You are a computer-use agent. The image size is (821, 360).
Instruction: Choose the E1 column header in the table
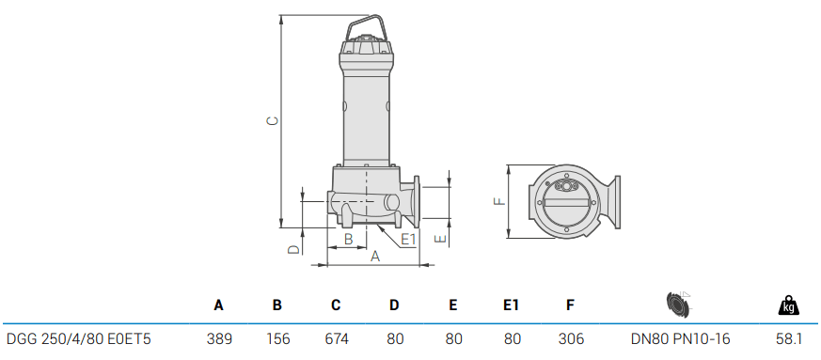point(511,305)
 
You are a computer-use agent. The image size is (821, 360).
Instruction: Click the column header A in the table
point(219,305)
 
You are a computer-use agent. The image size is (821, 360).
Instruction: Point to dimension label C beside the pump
point(271,121)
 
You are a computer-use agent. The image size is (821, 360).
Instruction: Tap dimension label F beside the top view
point(499,200)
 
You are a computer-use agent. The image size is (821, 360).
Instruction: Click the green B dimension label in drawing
point(348,240)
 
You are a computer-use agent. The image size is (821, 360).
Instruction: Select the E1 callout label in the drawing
point(408,240)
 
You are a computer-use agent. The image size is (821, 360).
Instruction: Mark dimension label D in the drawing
point(292,249)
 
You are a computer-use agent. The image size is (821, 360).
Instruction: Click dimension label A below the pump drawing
point(374,257)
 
